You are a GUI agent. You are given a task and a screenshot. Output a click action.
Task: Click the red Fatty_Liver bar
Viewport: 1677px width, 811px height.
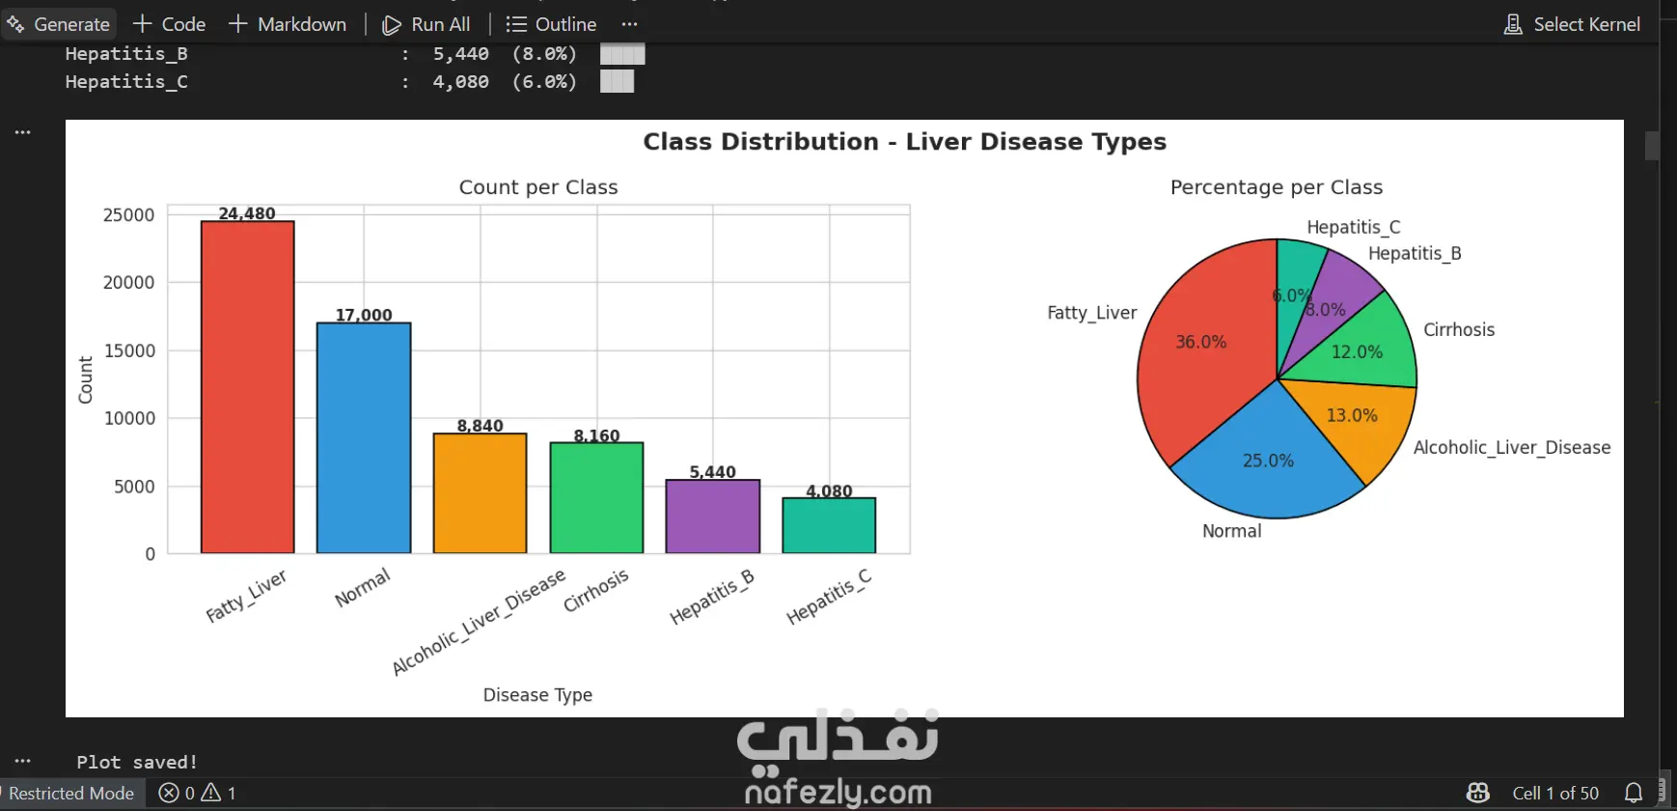(x=247, y=387)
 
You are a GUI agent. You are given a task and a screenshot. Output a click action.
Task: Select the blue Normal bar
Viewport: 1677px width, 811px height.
(x=364, y=438)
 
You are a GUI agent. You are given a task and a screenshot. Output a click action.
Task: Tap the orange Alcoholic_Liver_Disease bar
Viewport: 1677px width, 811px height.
(x=481, y=493)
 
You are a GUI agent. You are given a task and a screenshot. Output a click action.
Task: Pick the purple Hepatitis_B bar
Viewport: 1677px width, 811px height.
(x=713, y=517)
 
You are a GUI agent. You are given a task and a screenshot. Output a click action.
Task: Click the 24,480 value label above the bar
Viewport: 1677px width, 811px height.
(x=247, y=213)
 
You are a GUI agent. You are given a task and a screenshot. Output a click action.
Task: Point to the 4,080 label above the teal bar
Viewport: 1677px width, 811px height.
(x=829, y=490)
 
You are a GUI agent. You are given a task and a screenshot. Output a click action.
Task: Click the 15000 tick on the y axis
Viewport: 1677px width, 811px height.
(x=129, y=350)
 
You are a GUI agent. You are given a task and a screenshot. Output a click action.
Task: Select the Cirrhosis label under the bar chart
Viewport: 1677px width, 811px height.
(x=596, y=590)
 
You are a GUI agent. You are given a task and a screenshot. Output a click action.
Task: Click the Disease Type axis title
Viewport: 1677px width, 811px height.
(x=537, y=695)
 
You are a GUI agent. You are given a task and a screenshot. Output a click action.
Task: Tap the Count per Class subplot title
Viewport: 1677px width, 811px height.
(x=538, y=187)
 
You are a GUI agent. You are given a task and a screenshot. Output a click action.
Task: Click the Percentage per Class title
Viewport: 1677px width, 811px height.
(x=1277, y=187)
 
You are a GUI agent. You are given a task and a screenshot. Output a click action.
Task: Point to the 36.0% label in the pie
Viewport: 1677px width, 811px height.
(x=1200, y=342)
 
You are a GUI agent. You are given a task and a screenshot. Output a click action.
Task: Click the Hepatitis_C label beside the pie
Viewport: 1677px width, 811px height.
(x=1354, y=227)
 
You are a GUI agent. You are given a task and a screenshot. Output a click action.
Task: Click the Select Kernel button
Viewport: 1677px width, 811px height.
(x=1572, y=24)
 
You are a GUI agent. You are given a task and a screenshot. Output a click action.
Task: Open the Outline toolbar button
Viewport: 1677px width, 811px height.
(x=551, y=24)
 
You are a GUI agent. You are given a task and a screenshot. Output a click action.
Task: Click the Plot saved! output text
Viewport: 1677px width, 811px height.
(x=137, y=762)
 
